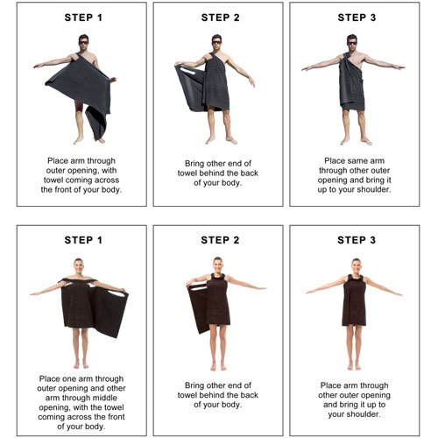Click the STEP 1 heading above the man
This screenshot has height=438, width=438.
[x=83, y=18]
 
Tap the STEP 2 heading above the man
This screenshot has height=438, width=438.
[x=220, y=18]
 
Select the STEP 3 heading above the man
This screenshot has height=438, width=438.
[x=357, y=18]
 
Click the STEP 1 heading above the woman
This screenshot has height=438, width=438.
[x=83, y=240]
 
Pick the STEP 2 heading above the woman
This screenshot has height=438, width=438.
[x=220, y=240]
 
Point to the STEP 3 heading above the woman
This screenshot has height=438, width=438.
[x=357, y=240]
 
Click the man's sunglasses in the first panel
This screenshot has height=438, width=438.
[x=84, y=43]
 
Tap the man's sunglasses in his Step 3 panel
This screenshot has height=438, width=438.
[x=352, y=43]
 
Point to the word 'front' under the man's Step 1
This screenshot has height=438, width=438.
[x=65, y=189]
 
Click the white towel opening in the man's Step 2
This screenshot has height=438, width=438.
[x=187, y=71]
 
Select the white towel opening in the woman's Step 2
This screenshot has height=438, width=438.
[x=199, y=289]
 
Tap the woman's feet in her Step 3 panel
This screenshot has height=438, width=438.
[x=354, y=366]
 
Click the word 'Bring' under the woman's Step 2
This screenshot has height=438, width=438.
[x=194, y=385]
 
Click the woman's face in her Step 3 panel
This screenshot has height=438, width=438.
[x=356, y=266]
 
